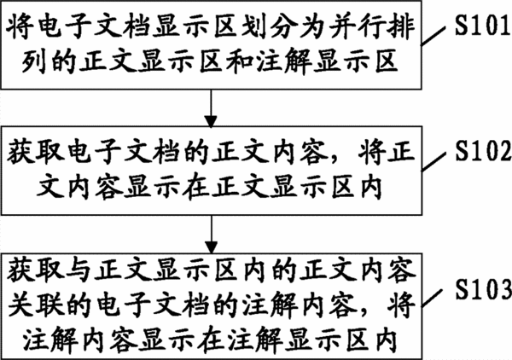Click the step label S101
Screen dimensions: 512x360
pos(483,25)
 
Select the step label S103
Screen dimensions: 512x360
pos(484,289)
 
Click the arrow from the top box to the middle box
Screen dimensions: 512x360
pos(211,108)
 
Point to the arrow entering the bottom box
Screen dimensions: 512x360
pos(212,235)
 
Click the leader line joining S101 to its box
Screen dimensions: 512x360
pos(433,36)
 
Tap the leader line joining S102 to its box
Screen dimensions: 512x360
pos(433,161)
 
